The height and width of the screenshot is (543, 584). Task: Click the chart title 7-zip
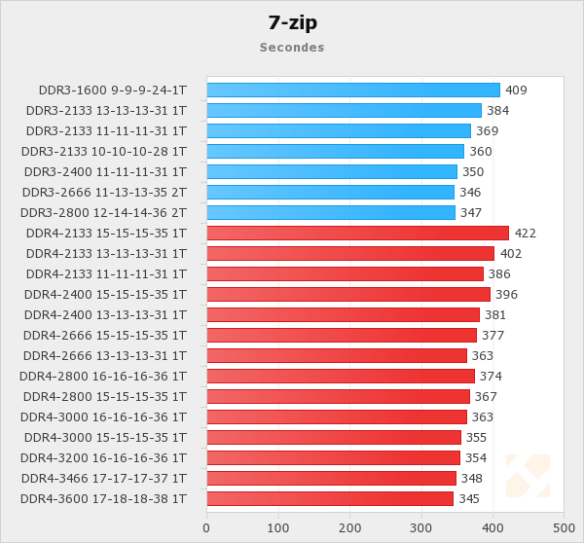click(292, 21)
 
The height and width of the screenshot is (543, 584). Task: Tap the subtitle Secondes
click(292, 47)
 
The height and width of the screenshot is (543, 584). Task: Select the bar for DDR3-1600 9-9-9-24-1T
click(352, 90)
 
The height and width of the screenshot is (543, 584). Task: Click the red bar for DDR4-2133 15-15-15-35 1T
click(357, 233)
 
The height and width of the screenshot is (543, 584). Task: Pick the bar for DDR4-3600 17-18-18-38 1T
click(330, 498)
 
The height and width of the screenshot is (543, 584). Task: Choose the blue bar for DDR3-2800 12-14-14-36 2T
click(331, 212)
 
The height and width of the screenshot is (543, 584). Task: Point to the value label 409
click(516, 90)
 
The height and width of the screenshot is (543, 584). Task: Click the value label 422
click(526, 233)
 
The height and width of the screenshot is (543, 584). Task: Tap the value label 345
click(469, 498)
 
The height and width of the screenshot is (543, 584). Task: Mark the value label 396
click(506, 294)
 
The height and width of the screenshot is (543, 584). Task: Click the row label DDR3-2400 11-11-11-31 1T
click(104, 171)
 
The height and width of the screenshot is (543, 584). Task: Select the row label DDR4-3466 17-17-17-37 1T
click(104, 478)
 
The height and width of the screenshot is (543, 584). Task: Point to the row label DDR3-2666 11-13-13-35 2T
click(104, 192)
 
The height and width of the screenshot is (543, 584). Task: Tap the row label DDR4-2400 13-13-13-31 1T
click(104, 314)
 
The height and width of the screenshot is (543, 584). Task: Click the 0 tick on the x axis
click(206, 528)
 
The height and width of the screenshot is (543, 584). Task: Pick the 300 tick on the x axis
click(421, 528)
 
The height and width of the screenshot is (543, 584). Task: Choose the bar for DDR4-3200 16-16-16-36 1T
click(334, 457)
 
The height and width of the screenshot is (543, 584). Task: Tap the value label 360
click(481, 151)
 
